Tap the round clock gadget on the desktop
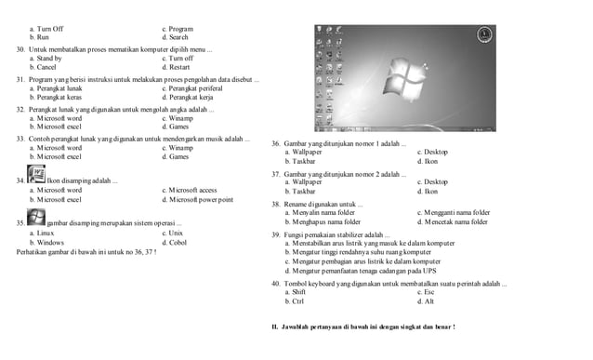coord(483,35)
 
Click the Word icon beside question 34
coord(37,180)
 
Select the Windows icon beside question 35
coord(37,218)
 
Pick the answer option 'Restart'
coord(177,68)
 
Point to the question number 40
coord(276,283)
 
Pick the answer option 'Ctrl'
coord(297,302)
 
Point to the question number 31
coord(21,79)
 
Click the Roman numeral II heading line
coord(362,328)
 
